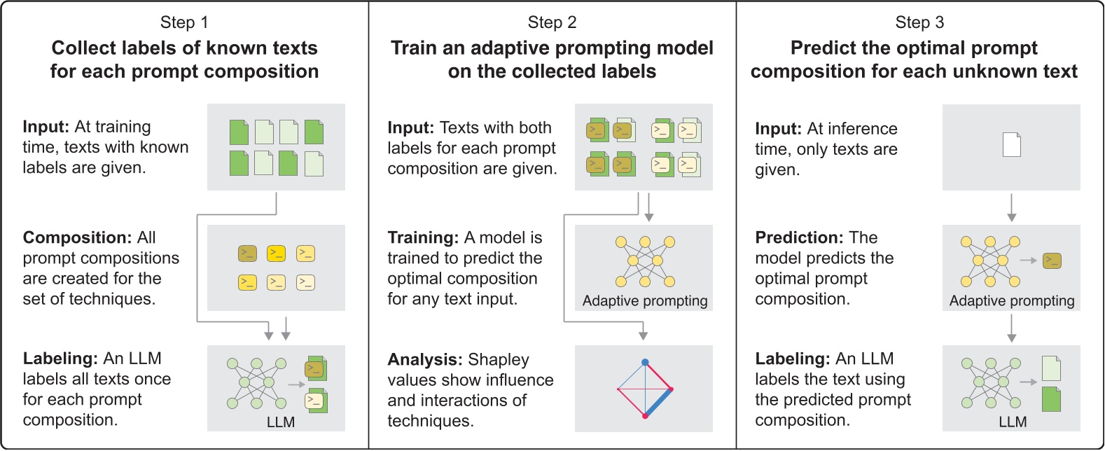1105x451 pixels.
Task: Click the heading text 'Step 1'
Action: click(184, 22)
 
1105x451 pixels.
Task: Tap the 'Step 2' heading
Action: click(552, 22)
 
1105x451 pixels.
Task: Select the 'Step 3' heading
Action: click(919, 22)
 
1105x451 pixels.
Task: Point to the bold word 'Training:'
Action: click(423, 237)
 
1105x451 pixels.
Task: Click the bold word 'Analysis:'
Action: click(424, 359)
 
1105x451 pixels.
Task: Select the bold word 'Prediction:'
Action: click(798, 237)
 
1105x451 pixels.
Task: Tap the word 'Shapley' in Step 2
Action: click(499, 359)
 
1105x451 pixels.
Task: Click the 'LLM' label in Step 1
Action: click(281, 422)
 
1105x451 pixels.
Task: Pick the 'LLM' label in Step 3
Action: click(1013, 422)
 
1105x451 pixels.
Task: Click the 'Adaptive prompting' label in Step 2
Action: click(645, 301)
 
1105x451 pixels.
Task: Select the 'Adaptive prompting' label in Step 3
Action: click(1012, 301)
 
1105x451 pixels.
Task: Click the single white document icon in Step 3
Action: click(1012, 145)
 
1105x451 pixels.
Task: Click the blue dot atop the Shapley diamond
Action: click(645, 362)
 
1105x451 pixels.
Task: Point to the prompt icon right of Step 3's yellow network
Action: click(1052, 261)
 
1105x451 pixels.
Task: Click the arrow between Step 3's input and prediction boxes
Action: click(1012, 208)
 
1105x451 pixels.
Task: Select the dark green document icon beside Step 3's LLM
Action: click(1051, 399)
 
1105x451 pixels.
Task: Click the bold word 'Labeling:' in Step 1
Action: click(60, 359)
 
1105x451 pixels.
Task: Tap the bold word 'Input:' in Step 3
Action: click(778, 129)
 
